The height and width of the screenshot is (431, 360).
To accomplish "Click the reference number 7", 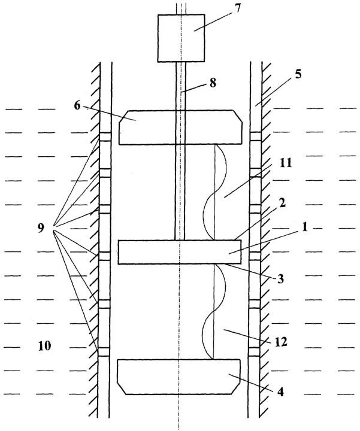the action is pyautogui.click(x=237, y=8).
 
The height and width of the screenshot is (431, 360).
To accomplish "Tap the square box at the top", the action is pyautogui.click(x=181, y=38).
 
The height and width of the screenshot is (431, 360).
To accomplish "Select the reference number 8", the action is pyautogui.click(x=213, y=82).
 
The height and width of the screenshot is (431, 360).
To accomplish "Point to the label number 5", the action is pyautogui.click(x=298, y=74).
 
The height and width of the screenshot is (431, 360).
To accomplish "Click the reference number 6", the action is pyautogui.click(x=77, y=105).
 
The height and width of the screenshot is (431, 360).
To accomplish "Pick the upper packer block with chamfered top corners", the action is pyautogui.click(x=181, y=128).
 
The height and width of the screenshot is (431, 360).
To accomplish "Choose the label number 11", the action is pyautogui.click(x=286, y=163).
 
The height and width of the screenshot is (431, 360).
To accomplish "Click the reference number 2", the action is pyautogui.click(x=282, y=204).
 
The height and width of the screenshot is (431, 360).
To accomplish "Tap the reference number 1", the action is pyautogui.click(x=304, y=227).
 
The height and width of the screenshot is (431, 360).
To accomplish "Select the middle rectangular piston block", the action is pyautogui.click(x=180, y=252).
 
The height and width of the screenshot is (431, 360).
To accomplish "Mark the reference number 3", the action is pyautogui.click(x=280, y=279).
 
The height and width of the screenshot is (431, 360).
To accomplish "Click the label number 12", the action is pyautogui.click(x=281, y=342).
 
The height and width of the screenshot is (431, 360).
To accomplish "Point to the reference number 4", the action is pyautogui.click(x=280, y=391).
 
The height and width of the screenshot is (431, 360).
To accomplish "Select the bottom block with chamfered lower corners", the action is pyautogui.click(x=179, y=377).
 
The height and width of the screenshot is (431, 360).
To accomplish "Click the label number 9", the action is pyautogui.click(x=41, y=228).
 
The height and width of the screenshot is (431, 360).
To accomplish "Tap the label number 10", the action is pyautogui.click(x=44, y=345).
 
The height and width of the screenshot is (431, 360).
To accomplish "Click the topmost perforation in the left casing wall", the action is pyautogui.click(x=105, y=137).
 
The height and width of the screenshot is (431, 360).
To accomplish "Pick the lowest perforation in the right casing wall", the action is pyautogui.click(x=255, y=352).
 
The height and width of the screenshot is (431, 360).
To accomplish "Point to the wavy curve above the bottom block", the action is pyautogui.click(x=214, y=311).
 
